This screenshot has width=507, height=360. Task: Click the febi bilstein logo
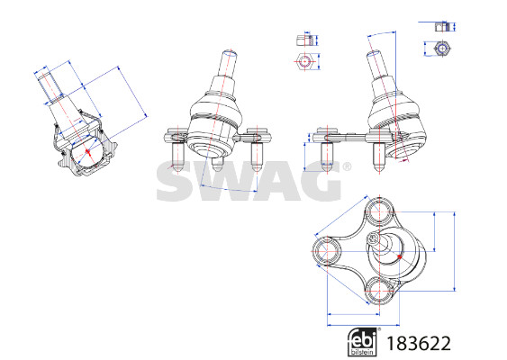(x=363, y=342)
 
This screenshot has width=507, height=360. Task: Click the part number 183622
(x=419, y=344)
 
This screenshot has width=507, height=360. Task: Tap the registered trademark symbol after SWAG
(x=347, y=166)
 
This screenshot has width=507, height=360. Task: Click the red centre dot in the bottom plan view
(x=400, y=256)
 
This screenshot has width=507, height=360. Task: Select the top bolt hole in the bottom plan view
(x=379, y=212)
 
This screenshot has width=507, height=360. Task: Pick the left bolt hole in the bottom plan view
(x=327, y=251)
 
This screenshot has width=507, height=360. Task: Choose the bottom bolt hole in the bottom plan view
(x=378, y=290)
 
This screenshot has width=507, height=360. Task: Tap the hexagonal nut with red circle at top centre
(x=304, y=61)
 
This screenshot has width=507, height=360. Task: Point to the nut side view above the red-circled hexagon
(x=305, y=40)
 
